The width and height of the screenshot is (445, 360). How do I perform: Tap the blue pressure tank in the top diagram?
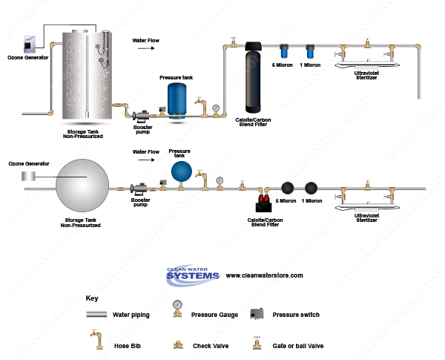coord(178,99)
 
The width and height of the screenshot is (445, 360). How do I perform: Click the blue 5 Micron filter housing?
coord(284,52)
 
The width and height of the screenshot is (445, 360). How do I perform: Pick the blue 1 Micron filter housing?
coord(309,52)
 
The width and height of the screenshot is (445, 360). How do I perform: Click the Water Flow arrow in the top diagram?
coord(151,48)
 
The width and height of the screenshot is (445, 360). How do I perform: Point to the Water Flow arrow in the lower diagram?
coord(151,161)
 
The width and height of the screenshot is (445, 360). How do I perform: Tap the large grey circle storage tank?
coord(83,183)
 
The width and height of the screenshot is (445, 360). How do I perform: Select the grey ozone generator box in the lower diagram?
coord(28,176)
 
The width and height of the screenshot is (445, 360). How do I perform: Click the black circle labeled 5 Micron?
coord(287,189)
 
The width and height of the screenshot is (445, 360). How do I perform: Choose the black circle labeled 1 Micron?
coord(311,189)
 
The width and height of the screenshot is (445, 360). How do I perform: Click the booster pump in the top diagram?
coord(141,115)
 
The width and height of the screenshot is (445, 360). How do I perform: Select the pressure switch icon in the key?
coord(257,314)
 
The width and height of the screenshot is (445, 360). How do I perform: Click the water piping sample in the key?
coord(96,315)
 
